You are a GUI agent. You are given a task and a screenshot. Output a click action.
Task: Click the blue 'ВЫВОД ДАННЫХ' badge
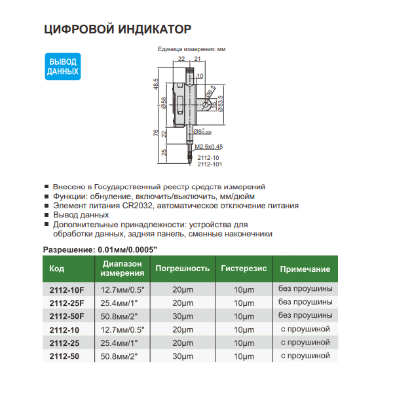pos(64,66)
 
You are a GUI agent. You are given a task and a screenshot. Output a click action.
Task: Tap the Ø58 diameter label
pos(163,103)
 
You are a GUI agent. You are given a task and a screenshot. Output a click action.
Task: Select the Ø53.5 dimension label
pos(221,103)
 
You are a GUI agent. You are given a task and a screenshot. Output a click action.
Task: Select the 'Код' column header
pos(56,269)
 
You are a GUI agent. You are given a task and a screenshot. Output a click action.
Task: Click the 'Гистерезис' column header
pos(244,269)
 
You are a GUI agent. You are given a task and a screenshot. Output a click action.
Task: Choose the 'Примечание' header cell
pos(305,269)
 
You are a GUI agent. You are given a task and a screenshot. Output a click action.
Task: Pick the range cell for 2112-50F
pos(122,316)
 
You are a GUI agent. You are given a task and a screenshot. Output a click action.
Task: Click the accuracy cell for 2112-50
pos(182,356)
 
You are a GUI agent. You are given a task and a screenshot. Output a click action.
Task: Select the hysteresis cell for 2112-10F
pos(244,289)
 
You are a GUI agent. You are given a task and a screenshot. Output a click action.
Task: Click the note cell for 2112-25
pos(305,343)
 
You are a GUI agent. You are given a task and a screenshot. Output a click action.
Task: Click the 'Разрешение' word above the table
pos(68,250)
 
